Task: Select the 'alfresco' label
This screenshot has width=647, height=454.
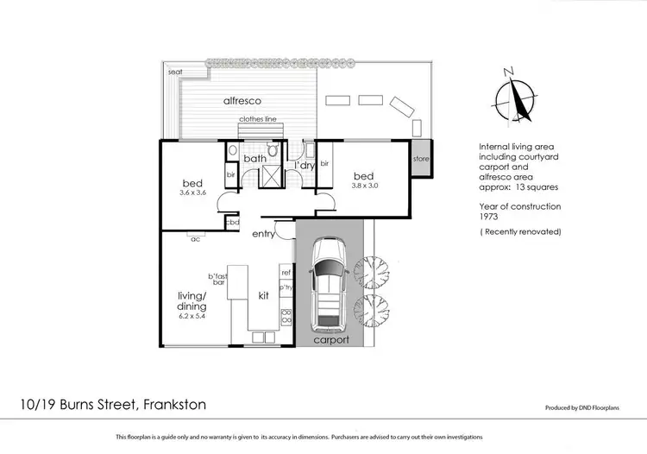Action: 242,101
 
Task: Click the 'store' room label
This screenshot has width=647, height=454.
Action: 421,159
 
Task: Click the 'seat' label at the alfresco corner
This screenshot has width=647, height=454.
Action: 175,72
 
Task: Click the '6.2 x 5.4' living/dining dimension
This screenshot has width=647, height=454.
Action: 194,316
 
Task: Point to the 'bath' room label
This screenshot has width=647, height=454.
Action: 254,159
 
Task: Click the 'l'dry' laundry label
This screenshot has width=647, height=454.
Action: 304,164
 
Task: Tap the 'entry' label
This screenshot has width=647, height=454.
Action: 263,234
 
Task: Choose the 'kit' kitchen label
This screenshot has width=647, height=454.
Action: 265,295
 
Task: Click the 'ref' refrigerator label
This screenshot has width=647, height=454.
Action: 286,272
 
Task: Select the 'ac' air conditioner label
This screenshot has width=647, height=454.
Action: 196,239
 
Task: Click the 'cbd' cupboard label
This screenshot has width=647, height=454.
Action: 232,222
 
